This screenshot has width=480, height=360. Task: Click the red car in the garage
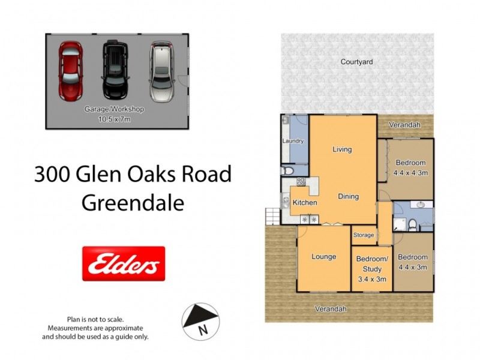[x=71, y=70]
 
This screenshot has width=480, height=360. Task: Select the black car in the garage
[x=115, y=70]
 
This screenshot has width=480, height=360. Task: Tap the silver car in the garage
[x=160, y=70]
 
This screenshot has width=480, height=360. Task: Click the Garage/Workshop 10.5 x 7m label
[x=114, y=115]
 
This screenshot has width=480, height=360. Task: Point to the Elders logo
[x=123, y=263]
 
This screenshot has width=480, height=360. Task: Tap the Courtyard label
[x=356, y=62]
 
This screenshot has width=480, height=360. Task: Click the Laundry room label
[x=293, y=141]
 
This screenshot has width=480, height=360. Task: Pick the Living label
[x=342, y=149]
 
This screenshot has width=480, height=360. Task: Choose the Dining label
[x=348, y=196]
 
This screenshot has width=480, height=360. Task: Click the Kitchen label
[x=305, y=203]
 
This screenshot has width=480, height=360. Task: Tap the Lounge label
[x=323, y=257]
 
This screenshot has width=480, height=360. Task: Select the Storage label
[x=364, y=235]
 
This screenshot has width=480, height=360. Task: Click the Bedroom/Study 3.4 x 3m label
[x=372, y=269]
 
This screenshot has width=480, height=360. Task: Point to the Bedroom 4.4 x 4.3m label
[x=410, y=167]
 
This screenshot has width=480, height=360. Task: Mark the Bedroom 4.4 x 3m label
[x=413, y=262]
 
